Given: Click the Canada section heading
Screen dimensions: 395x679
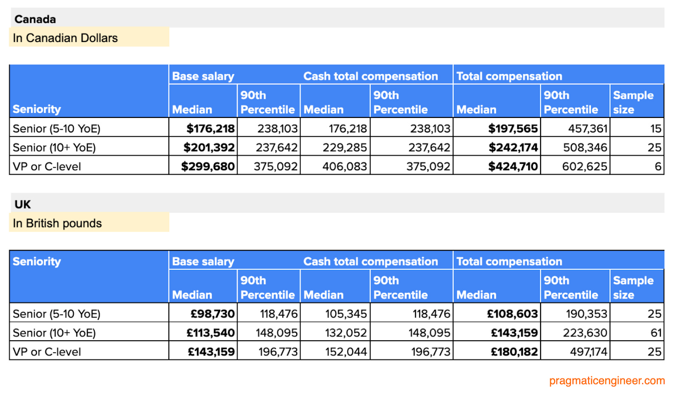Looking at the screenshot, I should click(x=35, y=19).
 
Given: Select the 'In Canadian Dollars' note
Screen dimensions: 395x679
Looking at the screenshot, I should click(x=65, y=38).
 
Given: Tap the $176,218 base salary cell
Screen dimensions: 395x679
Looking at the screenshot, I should click(x=210, y=129).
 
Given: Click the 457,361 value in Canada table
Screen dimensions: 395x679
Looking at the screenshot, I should click(x=588, y=129).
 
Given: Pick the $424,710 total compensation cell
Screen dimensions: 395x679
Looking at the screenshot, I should click(x=513, y=166).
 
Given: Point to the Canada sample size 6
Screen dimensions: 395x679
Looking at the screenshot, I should click(x=657, y=166).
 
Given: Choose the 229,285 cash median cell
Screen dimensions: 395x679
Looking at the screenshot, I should click(x=344, y=148).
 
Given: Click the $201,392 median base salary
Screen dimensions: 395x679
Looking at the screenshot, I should click(x=209, y=148).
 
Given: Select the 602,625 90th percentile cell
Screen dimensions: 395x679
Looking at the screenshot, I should click(x=584, y=166).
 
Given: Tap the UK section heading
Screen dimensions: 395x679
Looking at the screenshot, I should click(x=22, y=205).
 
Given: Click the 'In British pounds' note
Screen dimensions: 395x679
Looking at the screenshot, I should click(x=57, y=224).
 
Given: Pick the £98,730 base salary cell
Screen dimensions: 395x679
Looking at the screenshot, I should click(x=212, y=314).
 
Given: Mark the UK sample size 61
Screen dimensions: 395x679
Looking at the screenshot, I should click(x=656, y=333).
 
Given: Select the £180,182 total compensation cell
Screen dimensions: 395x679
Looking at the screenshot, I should click(x=514, y=352).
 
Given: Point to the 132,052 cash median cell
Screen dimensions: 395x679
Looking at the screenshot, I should click(x=345, y=333).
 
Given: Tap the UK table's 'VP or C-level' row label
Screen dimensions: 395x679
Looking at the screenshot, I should click(x=47, y=352).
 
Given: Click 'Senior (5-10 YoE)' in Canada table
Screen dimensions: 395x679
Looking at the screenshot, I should click(x=56, y=129).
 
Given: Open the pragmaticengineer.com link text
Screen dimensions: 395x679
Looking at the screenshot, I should click(x=606, y=381).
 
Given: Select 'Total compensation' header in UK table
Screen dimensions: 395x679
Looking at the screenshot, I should click(x=509, y=261).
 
